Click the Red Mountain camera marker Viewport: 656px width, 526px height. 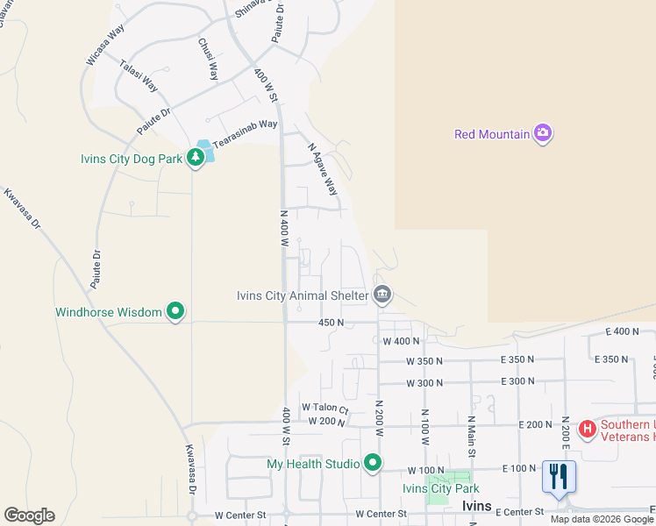(543, 133)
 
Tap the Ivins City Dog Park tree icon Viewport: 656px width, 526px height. (196, 159)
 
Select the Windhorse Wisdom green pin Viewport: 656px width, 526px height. (175, 311)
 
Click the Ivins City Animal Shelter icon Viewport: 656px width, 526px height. (381, 295)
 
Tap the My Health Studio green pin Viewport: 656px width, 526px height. (373, 462)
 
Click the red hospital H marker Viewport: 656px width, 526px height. (587, 430)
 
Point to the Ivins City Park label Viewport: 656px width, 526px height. (440, 488)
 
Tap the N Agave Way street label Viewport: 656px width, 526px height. (323, 169)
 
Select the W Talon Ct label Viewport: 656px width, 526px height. (325, 408)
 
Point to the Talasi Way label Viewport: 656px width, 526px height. (139, 76)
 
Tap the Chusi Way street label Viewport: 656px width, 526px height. (208, 59)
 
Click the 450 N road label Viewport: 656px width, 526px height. (331, 323)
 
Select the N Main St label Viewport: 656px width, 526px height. (471, 436)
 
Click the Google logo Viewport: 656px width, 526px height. (28, 515)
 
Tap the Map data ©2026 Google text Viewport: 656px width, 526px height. (603, 519)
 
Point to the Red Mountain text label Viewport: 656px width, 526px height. (492, 134)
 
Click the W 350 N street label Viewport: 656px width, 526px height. (424, 361)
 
